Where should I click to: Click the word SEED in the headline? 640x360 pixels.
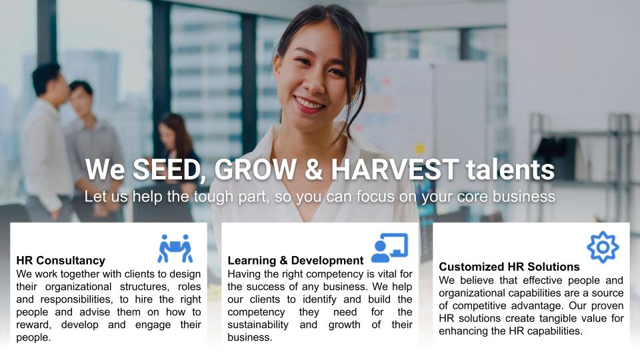pyautogui.click(x=167, y=169)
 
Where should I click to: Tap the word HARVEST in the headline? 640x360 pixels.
pyautogui.click(x=395, y=169)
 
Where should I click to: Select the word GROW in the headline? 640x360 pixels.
pyautogui.click(x=255, y=169)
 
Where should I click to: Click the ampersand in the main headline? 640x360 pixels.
pyautogui.click(x=313, y=169)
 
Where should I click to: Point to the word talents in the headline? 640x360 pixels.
pyautogui.click(x=511, y=169)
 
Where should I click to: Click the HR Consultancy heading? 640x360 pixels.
pyautogui.click(x=61, y=261)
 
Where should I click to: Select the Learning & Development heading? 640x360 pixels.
pyautogui.click(x=295, y=261)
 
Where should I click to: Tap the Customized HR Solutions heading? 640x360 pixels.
pyautogui.click(x=509, y=267)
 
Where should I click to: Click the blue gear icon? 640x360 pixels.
pyautogui.click(x=603, y=247)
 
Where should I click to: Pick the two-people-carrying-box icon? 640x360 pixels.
pyautogui.click(x=175, y=248)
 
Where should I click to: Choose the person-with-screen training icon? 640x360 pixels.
pyautogui.click(x=390, y=248)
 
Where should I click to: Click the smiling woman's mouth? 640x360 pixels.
pyautogui.click(x=309, y=104)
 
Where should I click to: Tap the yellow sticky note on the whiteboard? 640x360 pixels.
pyautogui.click(x=419, y=148)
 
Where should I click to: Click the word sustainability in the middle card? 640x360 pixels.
pyautogui.click(x=258, y=325)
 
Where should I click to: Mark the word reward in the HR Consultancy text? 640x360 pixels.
pyautogui.click(x=34, y=325)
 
